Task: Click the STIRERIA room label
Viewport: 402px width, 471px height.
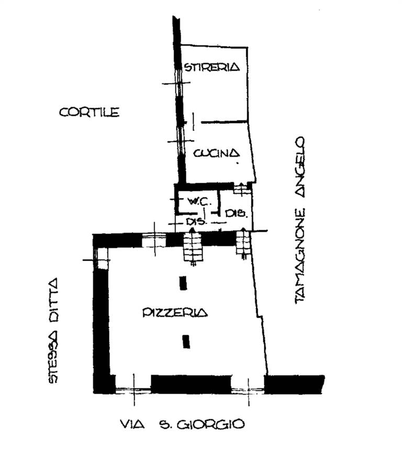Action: (x=212, y=66)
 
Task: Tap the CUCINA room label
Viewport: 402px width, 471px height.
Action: (x=216, y=153)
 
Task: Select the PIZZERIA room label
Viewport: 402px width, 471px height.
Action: (x=175, y=312)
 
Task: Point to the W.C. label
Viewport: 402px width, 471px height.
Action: (x=197, y=201)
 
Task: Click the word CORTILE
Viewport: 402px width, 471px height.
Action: (x=89, y=113)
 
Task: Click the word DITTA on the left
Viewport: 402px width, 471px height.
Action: (x=53, y=301)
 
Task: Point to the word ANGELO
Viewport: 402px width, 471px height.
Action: (x=299, y=167)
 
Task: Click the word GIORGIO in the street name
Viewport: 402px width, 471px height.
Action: (x=210, y=424)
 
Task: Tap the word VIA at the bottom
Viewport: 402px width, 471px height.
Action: (x=132, y=424)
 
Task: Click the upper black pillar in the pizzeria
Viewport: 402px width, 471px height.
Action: (x=183, y=283)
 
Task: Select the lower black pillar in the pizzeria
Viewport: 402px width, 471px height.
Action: (x=186, y=342)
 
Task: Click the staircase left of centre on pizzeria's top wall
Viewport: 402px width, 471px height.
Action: (x=193, y=247)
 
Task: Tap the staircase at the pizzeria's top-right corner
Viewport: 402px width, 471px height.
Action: (x=243, y=243)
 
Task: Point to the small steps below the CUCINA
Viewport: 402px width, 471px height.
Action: (x=242, y=188)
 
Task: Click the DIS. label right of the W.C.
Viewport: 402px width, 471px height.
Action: (x=236, y=214)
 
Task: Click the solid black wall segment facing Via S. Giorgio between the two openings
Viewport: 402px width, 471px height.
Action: (x=191, y=384)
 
